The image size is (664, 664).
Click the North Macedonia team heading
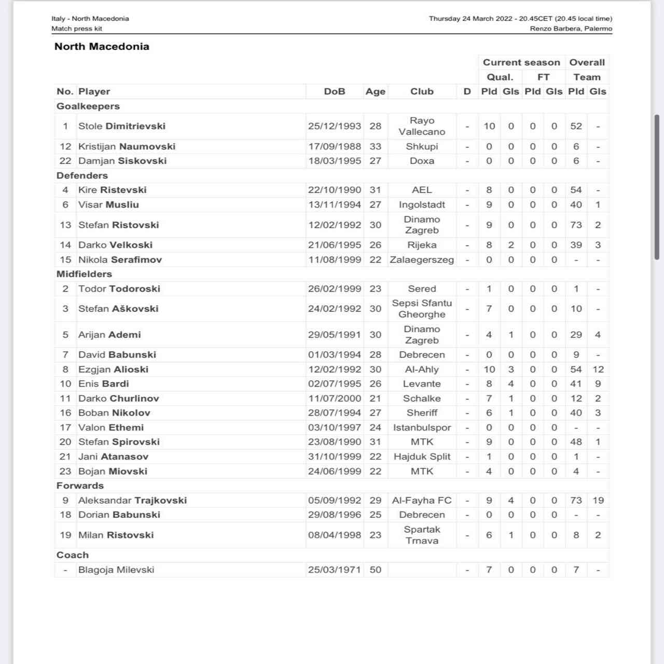tap(102, 47)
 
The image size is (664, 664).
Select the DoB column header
tap(335, 91)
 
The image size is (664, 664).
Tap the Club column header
tap(422, 91)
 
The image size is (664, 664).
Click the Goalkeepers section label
tap(88, 106)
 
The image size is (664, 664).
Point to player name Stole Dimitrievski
tap(122, 126)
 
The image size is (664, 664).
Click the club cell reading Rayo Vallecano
tap(422, 126)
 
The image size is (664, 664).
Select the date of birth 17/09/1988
tap(335, 146)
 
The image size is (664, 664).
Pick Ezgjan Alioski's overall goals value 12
tap(598, 369)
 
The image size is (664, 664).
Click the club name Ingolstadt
tap(422, 204)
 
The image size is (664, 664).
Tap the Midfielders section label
tap(84, 274)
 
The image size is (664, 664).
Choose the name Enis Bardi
tap(104, 384)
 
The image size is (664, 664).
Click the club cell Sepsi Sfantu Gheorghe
tap(422, 309)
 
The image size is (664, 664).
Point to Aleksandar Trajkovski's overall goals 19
tap(598, 500)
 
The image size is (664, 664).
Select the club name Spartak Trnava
tap(422, 535)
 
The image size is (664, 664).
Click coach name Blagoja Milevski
tap(116, 570)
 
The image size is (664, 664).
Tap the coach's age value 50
tap(376, 570)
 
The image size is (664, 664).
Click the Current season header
tap(521, 62)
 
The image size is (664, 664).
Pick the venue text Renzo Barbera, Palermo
tap(571, 29)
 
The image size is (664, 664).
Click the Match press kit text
tap(77, 29)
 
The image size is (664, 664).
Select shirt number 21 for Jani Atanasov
tap(65, 457)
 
